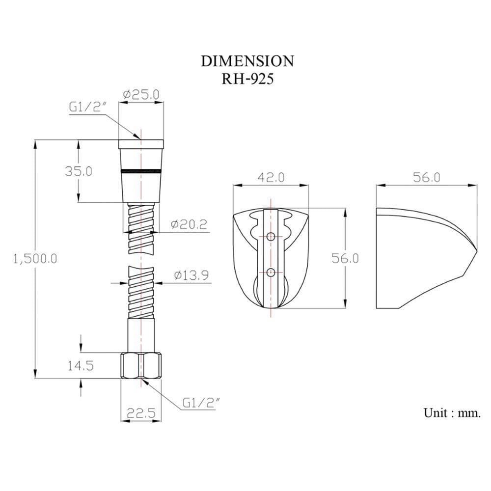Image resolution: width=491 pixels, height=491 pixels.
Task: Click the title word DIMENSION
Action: (x=247, y=61)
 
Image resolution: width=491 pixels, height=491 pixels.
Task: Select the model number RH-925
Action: (x=247, y=79)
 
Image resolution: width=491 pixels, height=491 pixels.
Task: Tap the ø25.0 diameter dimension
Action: (x=141, y=94)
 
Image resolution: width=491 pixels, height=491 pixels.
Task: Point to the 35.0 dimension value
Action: (x=78, y=171)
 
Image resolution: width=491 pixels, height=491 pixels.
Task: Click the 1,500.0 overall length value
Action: (x=35, y=259)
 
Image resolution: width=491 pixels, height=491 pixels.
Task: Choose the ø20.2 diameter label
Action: (x=189, y=224)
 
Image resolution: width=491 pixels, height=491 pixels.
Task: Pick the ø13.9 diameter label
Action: (x=191, y=275)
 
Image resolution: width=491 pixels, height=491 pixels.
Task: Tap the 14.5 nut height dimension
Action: (x=81, y=365)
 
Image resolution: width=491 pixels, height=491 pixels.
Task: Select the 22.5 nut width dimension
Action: (x=141, y=413)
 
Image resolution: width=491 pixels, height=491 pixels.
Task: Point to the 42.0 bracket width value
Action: (x=271, y=178)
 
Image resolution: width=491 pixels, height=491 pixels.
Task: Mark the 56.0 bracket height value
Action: (x=345, y=258)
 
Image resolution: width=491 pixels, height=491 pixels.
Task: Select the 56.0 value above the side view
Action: (x=427, y=178)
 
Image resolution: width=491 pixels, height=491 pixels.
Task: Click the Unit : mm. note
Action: (x=452, y=413)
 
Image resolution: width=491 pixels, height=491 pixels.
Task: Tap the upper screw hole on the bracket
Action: (x=271, y=236)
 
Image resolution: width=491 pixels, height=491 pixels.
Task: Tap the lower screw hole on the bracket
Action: (x=271, y=272)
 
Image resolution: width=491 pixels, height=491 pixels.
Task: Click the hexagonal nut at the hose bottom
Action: (x=141, y=365)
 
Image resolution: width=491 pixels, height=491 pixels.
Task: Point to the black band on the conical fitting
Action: (x=141, y=171)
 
